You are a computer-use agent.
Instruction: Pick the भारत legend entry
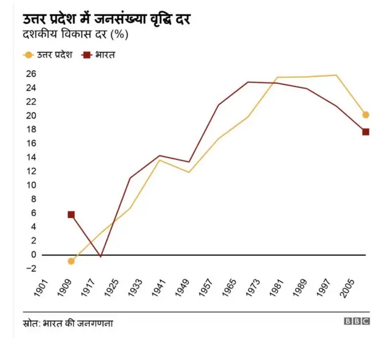coord(100,54)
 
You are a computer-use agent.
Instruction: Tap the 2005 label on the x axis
coord(347,291)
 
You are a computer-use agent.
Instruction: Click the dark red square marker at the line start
coord(71,215)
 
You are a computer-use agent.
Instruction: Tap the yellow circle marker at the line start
coord(71,261)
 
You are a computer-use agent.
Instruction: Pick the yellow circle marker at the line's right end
coord(366,114)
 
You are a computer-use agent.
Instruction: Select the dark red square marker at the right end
coord(366,132)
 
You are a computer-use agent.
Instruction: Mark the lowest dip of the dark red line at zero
coord(100,256)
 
